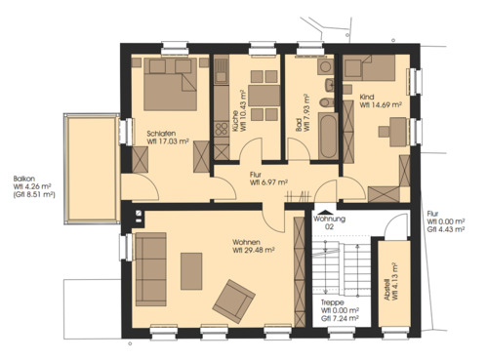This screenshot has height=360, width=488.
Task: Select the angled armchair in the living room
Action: pyautogui.click(x=233, y=300)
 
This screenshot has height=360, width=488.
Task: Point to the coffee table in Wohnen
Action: pyautogui.click(x=191, y=270)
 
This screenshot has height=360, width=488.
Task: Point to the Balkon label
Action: pyautogui.click(x=24, y=178)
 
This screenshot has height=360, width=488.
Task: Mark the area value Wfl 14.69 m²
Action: pyautogui.click(x=377, y=106)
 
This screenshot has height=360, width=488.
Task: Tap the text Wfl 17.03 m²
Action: pyautogui.click(x=169, y=140)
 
